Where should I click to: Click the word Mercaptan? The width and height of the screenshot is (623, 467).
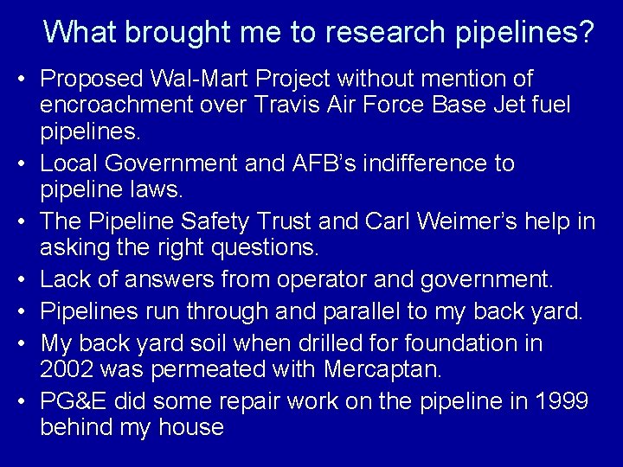(382, 371)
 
